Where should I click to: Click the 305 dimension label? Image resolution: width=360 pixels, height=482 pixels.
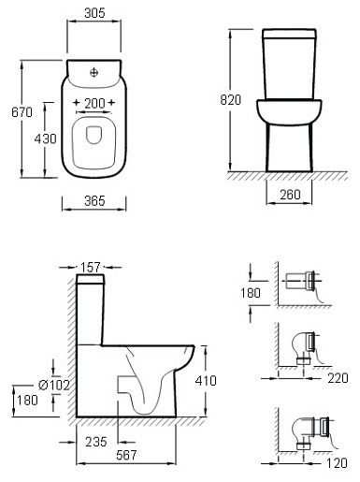(x=94, y=13)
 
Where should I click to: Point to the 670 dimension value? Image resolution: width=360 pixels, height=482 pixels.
(x=22, y=112)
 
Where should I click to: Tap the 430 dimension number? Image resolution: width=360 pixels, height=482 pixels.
(x=46, y=139)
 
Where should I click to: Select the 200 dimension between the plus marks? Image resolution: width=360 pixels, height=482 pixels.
(x=94, y=103)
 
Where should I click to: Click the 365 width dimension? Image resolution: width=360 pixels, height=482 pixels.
(x=94, y=201)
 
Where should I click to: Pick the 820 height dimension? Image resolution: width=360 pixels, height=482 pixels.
(x=231, y=100)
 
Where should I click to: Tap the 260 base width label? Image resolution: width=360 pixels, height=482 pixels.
(x=290, y=195)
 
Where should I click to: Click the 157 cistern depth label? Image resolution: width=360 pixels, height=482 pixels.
(x=91, y=268)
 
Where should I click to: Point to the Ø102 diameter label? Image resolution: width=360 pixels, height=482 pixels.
(x=54, y=386)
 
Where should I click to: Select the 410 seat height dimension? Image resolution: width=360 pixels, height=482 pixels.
(x=206, y=381)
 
